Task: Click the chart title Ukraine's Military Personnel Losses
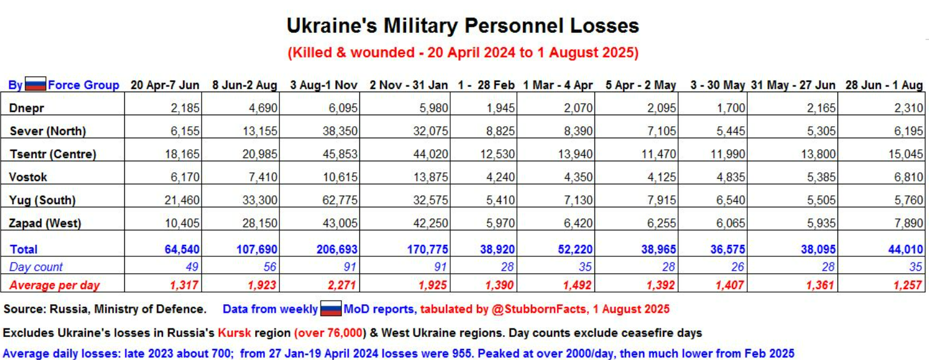462,26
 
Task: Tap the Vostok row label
28,177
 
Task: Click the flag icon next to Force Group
35,85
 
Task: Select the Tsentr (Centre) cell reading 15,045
907,155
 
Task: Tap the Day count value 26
738,267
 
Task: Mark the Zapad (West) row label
45,223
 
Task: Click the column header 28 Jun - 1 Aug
884,85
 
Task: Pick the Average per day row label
55,285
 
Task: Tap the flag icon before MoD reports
331,309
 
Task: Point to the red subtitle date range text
462,53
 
